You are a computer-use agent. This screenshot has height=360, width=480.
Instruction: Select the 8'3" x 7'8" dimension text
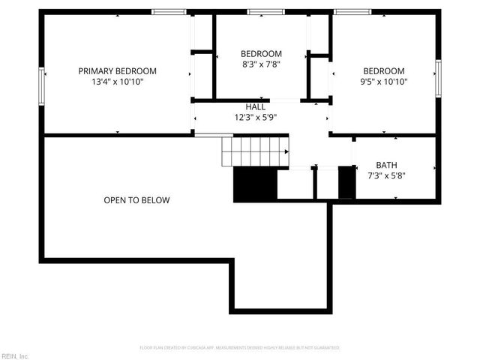(261, 64)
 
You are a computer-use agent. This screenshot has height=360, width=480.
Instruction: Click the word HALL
(256, 106)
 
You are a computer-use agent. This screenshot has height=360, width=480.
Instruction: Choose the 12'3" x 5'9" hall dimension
(256, 117)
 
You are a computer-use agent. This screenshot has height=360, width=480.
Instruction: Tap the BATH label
(387, 165)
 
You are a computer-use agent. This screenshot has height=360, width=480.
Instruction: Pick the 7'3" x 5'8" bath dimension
(387, 175)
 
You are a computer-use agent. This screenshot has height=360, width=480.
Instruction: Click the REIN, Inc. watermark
(15, 355)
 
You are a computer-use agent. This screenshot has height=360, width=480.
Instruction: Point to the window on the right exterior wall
(439, 78)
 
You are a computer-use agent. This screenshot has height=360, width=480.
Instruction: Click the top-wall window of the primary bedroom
(169, 12)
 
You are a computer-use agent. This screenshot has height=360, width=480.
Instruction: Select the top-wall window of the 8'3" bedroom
(261, 12)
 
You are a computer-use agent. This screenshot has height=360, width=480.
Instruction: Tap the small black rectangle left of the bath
(346, 182)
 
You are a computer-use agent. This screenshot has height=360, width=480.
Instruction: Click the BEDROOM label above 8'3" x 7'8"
(261, 54)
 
